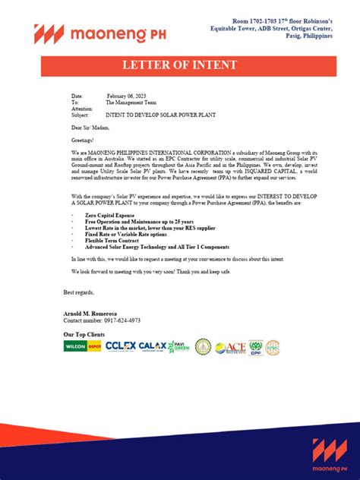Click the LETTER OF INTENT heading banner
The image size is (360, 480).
179,66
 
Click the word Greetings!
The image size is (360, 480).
84,140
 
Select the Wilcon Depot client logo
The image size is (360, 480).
82,346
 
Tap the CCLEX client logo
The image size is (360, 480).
120,346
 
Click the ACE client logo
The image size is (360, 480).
231,347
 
